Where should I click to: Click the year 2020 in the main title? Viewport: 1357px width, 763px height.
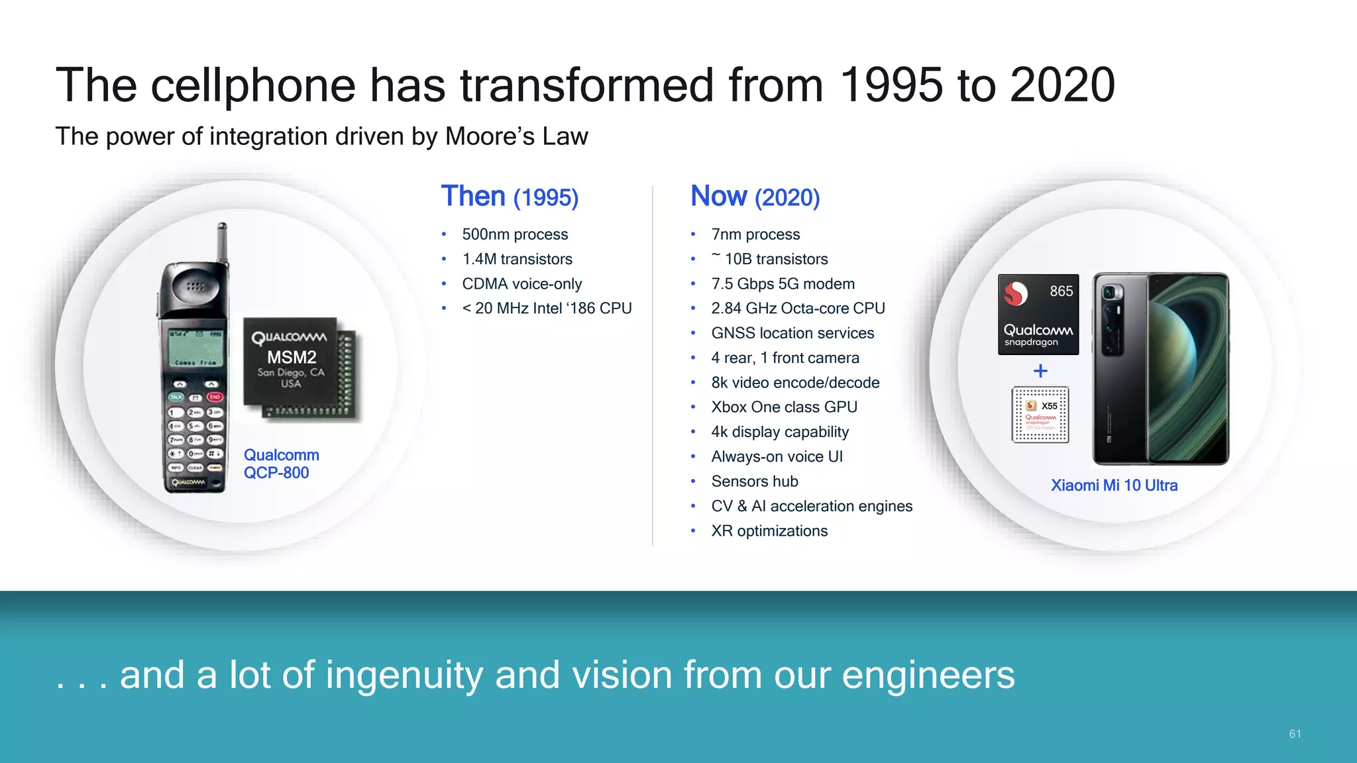tap(1062, 85)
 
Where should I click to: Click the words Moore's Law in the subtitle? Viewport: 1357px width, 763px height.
tap(516, 136)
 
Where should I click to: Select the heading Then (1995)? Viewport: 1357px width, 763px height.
tap(510, 197)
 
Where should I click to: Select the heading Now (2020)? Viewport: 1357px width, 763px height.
tap(755, 197)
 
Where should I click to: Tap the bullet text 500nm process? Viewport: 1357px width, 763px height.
tap(515, 234)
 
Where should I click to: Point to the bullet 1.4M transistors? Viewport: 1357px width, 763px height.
tap(517, 259)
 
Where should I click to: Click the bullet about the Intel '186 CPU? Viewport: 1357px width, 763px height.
tap(547, 309)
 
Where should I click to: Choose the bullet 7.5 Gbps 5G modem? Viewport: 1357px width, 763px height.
tap(783, 284)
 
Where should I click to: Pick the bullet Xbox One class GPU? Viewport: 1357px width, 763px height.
tap(784, 407)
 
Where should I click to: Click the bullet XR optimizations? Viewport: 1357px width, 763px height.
tap(769, 531)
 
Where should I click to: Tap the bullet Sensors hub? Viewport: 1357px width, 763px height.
tap(755, 482)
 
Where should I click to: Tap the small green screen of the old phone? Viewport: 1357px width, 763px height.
tap(196, 348)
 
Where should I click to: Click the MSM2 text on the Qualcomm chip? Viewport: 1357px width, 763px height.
tap(292, 358)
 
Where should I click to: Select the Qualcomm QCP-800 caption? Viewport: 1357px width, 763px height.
tap(281, 464)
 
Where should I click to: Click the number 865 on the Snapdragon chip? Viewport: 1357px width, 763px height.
tap(1061, 291)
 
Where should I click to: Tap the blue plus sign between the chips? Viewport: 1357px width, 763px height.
tap(1040, 371)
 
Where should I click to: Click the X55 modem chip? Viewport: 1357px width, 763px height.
tap(1040, 415)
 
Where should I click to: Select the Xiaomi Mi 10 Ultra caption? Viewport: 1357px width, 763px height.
tap(1114, 485)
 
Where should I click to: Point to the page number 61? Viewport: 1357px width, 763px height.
tap(1295, 734)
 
